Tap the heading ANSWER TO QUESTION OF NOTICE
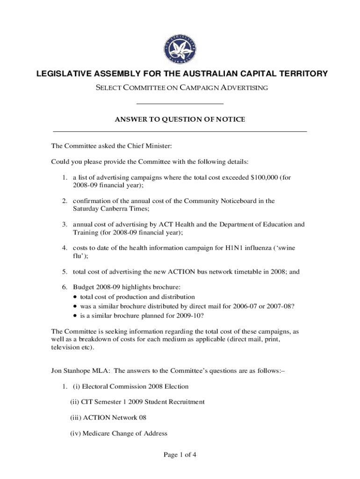tap(180, 120)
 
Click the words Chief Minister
tap(151, 146)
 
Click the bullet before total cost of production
tap(76, 297)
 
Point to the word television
tap(65, 348)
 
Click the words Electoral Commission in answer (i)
tap(115, 386)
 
